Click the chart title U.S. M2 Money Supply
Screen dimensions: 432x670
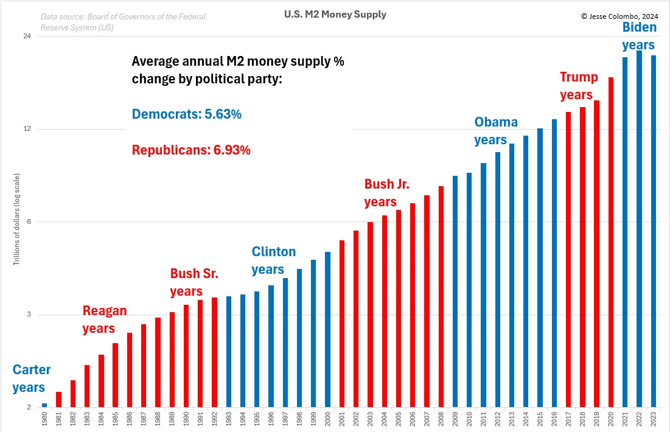pos(335,15)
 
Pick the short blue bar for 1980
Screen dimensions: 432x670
pos(44,405)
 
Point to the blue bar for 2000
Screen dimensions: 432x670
pos(327,329)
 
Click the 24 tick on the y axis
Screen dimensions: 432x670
pos(27,37)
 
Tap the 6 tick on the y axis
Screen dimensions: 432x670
pos(28,222)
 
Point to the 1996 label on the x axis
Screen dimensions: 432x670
pos(271,419)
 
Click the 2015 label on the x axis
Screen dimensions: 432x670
pos(540,419)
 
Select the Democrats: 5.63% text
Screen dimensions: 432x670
pos(186,114)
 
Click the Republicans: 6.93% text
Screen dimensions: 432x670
pos(191,150)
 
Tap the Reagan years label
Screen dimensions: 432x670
pos(104,319)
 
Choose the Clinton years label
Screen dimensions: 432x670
pos(273,260)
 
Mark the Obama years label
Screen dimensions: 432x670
pos(495,131)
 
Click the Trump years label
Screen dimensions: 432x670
pos(578,86)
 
